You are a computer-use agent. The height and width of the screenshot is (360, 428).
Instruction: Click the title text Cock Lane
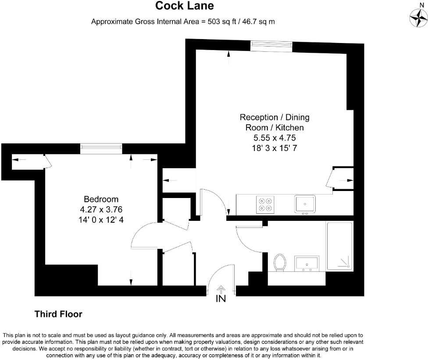[x=185, y=6]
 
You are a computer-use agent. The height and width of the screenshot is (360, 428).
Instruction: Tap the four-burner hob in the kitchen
[x=265, y=204]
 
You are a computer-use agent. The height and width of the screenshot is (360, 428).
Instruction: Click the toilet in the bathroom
[x=279, y=263]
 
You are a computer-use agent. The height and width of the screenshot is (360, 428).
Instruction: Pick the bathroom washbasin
[x=307, y=263]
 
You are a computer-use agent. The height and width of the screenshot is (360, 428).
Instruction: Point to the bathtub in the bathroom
[x=339, y=245]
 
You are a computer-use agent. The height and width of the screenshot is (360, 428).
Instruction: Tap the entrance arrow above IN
[x=221, y=289]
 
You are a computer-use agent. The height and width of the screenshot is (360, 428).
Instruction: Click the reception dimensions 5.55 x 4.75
[x=275, y=137]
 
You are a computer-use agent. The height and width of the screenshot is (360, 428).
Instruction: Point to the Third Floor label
[x=58, y=314]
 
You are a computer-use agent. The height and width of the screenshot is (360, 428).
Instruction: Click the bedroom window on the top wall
[x=101, y=149]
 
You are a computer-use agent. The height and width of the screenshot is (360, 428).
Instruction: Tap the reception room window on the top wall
[x=271, y=45]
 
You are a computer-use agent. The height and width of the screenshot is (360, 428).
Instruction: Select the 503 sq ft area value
[x=220, y=21]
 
